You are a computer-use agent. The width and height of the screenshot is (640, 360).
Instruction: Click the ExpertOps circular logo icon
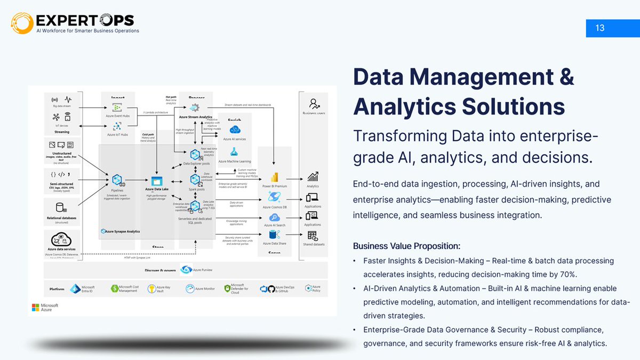pos(22,23)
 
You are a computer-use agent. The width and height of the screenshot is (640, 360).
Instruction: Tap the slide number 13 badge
pos(600,28)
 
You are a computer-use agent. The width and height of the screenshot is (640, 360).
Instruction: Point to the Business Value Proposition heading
pos(406,246)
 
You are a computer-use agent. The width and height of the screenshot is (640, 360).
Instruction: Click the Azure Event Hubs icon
pos(117,108)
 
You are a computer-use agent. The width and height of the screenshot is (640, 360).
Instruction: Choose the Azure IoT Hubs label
pos(117,134)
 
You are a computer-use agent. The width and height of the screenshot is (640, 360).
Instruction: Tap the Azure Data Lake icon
pos(156,181)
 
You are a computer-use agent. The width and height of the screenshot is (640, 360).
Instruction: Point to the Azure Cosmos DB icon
pos(275,197)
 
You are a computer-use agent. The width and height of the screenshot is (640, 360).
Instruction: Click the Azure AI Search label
pos(275,225)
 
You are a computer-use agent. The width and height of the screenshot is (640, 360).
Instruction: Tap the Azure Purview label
pos(203,270)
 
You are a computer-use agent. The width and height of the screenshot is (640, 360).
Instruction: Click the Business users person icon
pos(314,103)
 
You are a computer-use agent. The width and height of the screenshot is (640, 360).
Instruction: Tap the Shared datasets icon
pos(313,235)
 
